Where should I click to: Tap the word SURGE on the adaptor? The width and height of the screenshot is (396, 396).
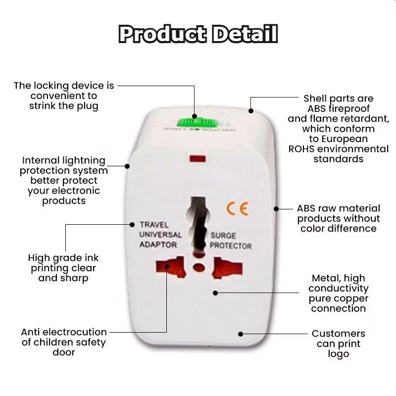pyautogui.click(x=223, y=236)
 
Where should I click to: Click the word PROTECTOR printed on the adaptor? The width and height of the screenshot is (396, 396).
pyautogui.click(x=231, y=246)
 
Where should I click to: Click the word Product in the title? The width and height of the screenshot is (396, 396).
pyautogui.click(x=161, y=35)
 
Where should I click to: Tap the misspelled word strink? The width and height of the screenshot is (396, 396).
pyautogui.click(x=43, y=106)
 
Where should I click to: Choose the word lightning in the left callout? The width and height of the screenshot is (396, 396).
pyautogui.click(x=84, y=160)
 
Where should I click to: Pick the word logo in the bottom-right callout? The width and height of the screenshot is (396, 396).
pyautogui.click(x=339, y=354)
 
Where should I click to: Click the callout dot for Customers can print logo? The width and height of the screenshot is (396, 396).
pyautogui.click(x=241, y=334)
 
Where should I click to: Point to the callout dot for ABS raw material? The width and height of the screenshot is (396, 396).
pyautogui.click(x=276, y=209)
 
